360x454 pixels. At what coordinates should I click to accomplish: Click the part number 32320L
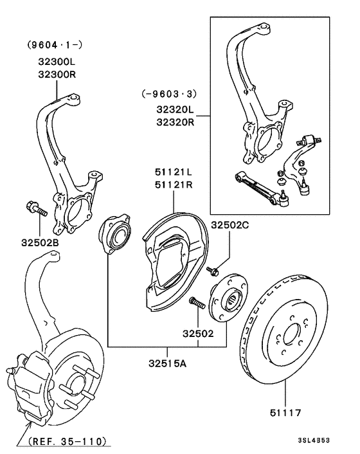click(174, 110)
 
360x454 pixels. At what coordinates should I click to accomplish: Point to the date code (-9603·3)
click(168, 93)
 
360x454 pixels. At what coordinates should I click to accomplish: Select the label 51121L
click(173, 172)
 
